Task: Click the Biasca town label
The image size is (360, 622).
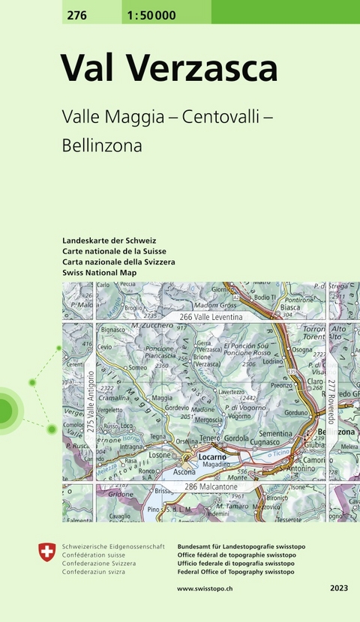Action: (x=290, y=307)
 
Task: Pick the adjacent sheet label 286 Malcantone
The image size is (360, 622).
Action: (x=217, y=487)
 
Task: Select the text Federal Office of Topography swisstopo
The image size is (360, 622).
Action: (x=235, y=571)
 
